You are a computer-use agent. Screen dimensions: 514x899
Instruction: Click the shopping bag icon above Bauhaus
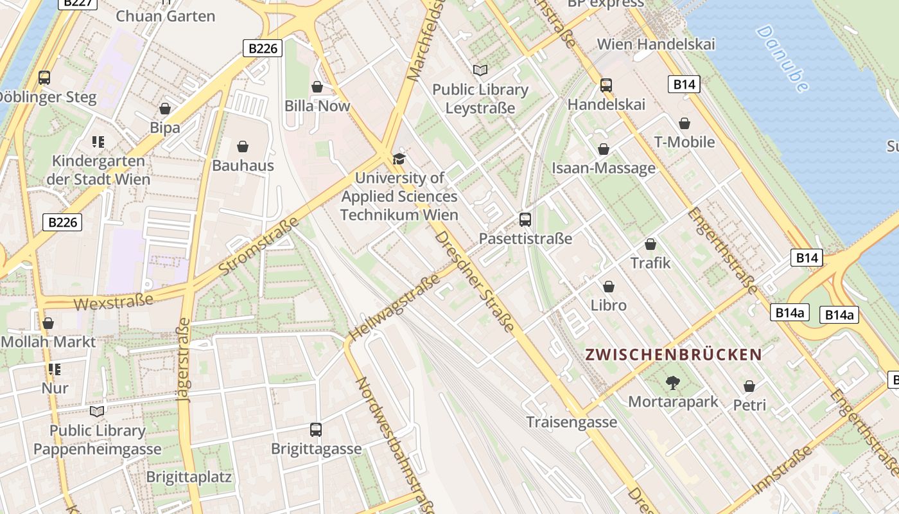pos(243,147)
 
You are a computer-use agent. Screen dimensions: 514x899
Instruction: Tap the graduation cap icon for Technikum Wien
pos(399,159)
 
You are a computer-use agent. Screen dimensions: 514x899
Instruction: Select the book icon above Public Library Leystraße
pos(480,70)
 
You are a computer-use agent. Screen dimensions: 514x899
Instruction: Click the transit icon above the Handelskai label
pos(606,85)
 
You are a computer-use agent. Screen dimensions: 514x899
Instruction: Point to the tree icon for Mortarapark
pos(672,383)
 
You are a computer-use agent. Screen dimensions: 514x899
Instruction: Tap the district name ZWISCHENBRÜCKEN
pos(674,354)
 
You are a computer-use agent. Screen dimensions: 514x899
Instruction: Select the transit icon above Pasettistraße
pos(525,220)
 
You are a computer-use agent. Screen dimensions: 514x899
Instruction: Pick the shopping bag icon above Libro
pos(608,287)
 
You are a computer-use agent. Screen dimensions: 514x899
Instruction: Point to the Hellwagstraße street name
pos(394,306)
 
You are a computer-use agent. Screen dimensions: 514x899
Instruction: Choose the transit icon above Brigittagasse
pos(315,429)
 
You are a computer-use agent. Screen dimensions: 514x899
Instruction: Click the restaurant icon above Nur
pos(55,369)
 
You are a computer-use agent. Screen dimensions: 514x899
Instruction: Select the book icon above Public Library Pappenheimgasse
pos(97,411)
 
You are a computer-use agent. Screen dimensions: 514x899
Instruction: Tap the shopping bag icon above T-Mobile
pos(684,123)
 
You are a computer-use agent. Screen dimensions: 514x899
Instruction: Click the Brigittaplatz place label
pos(189,477)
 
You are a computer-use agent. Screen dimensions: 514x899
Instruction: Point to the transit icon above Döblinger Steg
pos(44,78)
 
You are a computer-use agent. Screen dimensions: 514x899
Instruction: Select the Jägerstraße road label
pos(184,360)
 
